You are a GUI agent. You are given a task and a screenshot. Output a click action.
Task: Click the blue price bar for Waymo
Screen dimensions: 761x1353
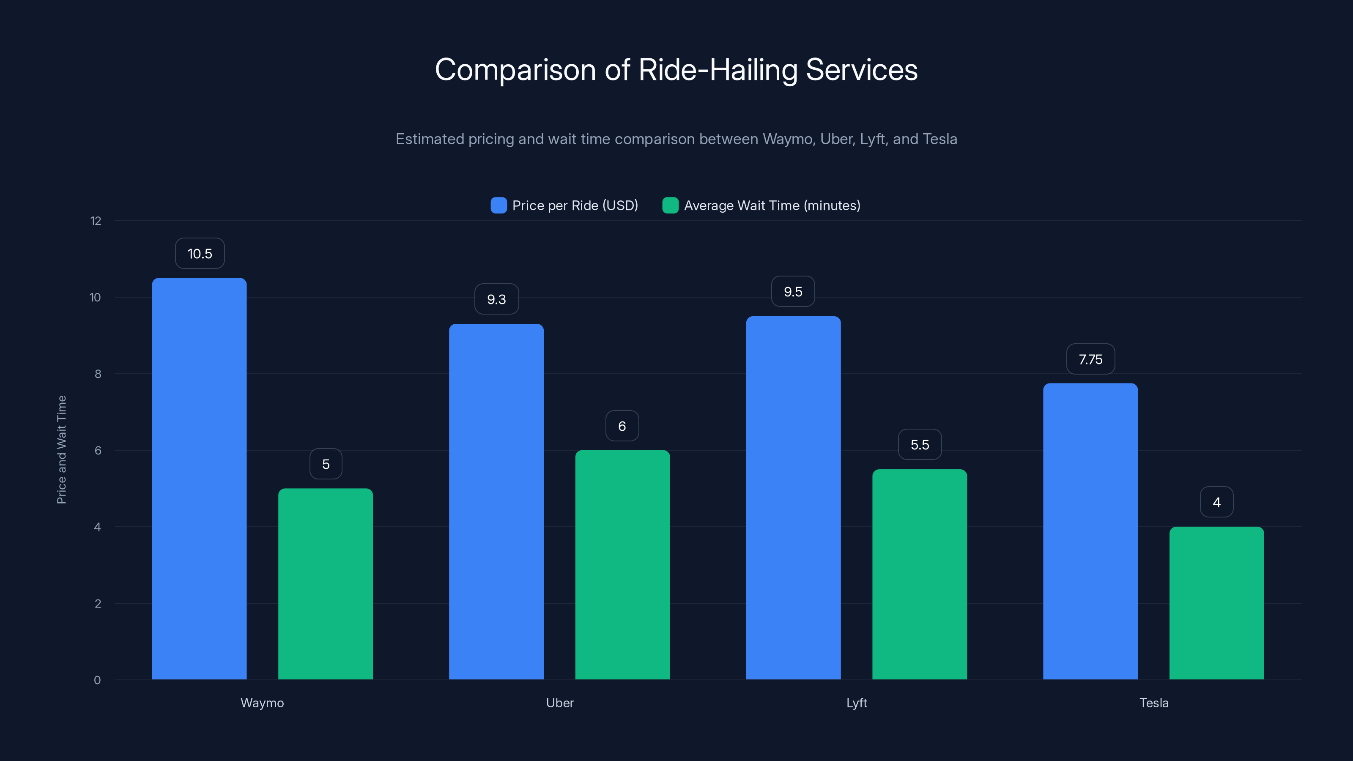point(199,478)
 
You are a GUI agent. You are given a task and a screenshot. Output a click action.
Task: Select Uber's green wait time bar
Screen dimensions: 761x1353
point(622,564)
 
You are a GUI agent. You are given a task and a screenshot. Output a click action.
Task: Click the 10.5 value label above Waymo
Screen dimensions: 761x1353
point(200,254)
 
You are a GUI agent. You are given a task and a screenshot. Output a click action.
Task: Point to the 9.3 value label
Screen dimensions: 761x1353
point(496,299)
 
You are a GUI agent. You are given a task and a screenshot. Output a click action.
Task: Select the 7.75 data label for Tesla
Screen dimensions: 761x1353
point(1090,359)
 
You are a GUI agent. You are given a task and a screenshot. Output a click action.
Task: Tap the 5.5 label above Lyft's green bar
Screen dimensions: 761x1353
point(920,445)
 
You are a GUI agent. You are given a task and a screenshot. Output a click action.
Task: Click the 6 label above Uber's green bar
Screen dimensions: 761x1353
point(622,426)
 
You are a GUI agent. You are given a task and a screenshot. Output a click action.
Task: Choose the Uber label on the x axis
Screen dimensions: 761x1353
point(559,703)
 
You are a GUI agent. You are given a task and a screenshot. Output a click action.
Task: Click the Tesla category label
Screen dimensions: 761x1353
point(1153,703)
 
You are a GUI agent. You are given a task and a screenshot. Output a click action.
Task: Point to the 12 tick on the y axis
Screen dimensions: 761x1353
point(96,221)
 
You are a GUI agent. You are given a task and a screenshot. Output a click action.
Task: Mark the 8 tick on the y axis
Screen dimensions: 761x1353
point(98,374)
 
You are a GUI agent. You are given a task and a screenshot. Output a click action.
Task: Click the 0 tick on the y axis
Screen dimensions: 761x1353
point(97,680)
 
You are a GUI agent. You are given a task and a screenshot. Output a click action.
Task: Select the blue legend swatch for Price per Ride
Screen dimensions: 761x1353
point(498,205)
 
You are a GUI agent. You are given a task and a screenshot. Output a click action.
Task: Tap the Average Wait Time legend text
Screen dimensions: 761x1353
point(772,205)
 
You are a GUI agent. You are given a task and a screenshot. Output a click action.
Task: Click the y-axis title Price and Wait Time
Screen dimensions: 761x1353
point(61,449)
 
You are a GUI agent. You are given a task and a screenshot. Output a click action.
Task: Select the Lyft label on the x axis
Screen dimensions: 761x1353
point(856,703)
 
